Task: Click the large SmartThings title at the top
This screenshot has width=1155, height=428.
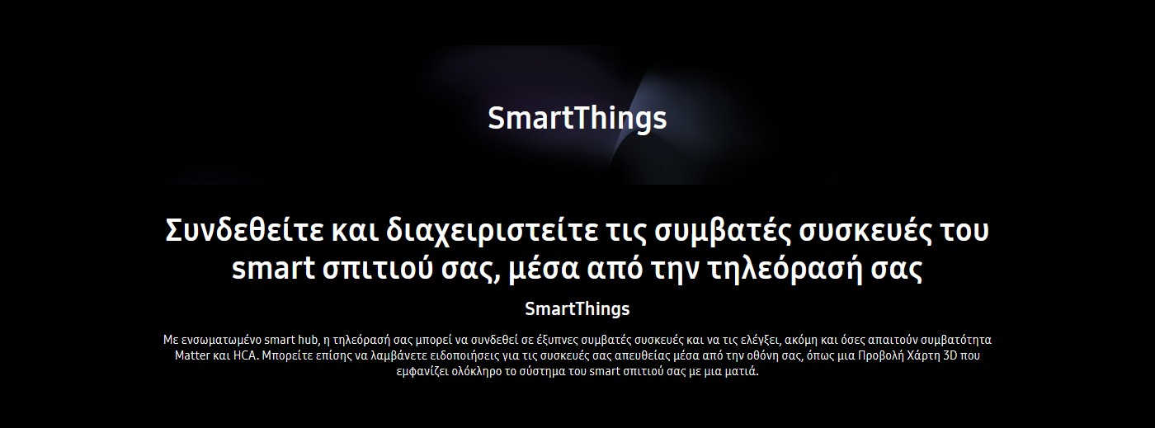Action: (x=577, y=119)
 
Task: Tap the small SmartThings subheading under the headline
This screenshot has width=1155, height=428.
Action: (x=577, y=309)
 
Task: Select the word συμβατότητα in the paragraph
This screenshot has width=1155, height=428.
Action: (x=958, y=341)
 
